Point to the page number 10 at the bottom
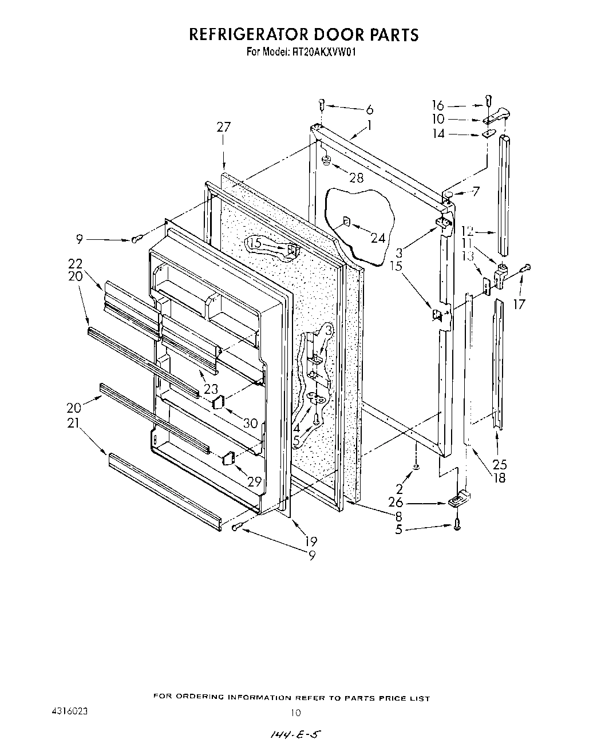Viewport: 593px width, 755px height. pos(295,713)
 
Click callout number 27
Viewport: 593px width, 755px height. pos(223,127)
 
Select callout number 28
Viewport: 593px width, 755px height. pos(356,177)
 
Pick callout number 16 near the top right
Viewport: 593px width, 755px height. pos(437,105)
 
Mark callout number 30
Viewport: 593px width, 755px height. pos(250,424)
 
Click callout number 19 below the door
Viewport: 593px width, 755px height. pos(311,541)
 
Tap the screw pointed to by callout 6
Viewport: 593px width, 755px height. pos(322,105)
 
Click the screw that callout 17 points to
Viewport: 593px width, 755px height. pos(527,267)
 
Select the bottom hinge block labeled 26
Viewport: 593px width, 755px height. pos(456,501)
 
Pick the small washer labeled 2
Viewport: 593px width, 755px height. pos(416,468)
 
